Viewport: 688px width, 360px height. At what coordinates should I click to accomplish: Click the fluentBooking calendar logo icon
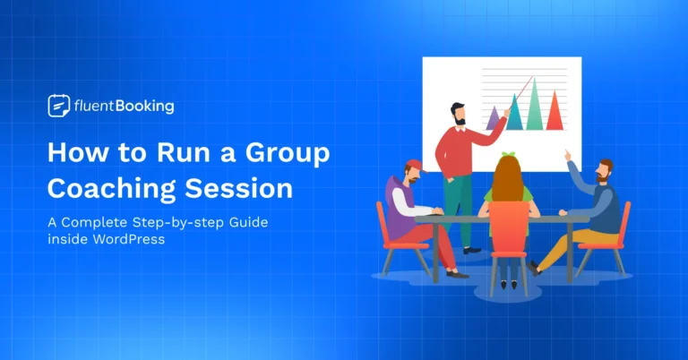point(58,107)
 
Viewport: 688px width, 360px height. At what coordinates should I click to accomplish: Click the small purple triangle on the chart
point(493,116)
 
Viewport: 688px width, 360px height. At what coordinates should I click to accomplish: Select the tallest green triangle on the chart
point(537,106)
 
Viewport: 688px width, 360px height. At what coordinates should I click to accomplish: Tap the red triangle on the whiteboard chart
point(555,113)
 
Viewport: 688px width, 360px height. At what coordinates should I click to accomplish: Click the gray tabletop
point(502,218)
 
